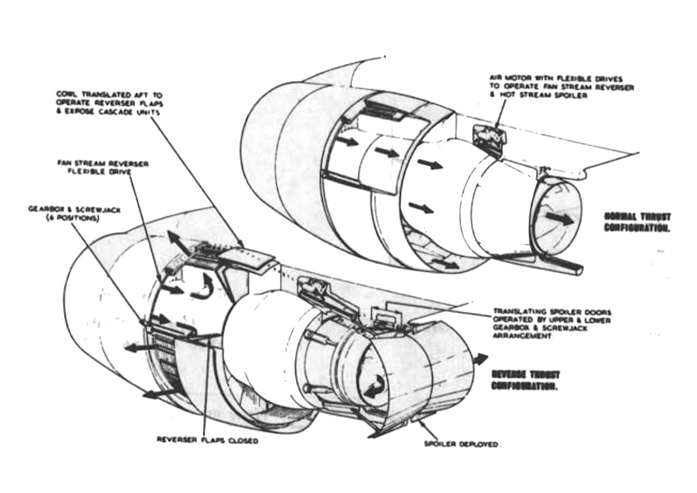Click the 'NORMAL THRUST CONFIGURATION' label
tap(637, 222)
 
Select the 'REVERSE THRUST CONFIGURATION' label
tap(525, 380)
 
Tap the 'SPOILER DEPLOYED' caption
tap(461, 444)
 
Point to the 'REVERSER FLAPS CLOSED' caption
tap(207, 440)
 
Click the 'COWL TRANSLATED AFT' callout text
tap(109, 103)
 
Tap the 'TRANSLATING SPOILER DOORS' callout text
tap(552, 324)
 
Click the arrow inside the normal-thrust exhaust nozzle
tap(559, 218)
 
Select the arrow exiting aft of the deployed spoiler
tap(480, 359)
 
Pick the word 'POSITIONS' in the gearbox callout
tap(80, 218)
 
